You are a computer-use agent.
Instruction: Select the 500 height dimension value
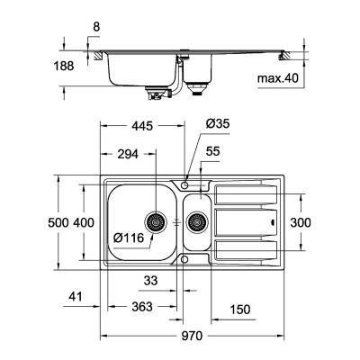pos(58,222)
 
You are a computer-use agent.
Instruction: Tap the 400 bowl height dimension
pos(84,222)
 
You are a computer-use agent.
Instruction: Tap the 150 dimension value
pos(240,310)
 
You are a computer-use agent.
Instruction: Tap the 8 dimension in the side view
pos(95,28)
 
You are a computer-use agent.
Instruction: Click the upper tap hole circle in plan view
pos(184,184)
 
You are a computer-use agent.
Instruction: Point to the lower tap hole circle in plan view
pos(184,259)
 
